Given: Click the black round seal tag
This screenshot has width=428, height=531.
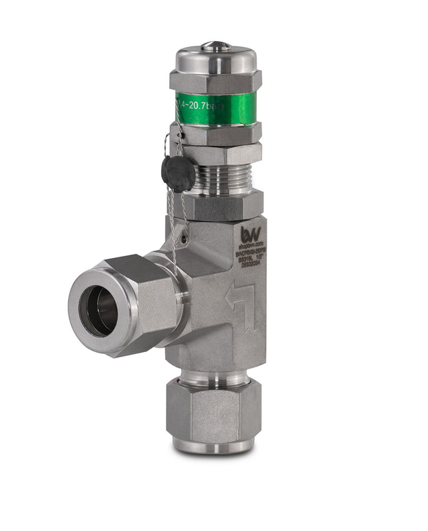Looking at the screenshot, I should pos(178,173).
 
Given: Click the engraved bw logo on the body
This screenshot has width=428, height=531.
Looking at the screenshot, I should pos(250,234).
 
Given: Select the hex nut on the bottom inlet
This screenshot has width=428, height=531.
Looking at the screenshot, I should pos(212,411).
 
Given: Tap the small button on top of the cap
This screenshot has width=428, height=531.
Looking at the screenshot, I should pos(216,46).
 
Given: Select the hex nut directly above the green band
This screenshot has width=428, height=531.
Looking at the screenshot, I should pos(216,81).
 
